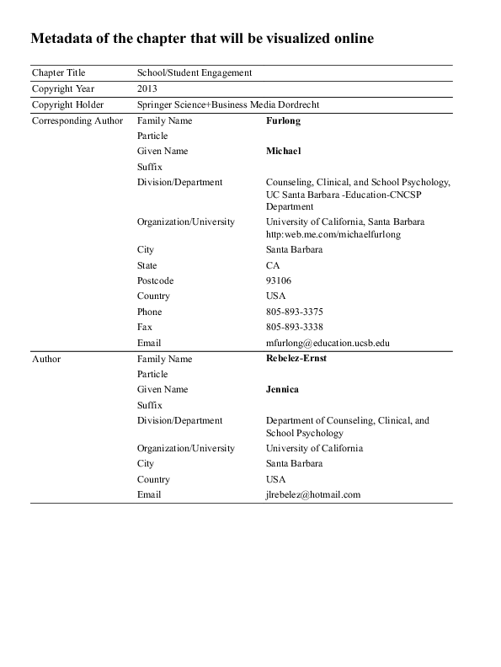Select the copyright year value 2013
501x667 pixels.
(x=147, y=88)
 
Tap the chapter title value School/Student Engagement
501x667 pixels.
(x=195, y=73)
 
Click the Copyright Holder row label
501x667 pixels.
(x=69, y=104)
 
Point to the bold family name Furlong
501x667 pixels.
(x=283, y=120)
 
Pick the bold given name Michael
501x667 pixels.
(x=284, y=151)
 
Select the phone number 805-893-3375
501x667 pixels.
(x=295, y=312)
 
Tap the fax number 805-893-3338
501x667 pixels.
(x=295, y=327)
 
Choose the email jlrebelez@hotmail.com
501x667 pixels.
(x=313, y=494)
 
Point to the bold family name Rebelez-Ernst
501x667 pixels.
(x=296, y=358)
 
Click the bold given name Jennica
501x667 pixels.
(x=283, y=389)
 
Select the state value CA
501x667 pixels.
(x=273, y=265)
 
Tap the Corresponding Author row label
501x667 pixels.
(x=77, y=120)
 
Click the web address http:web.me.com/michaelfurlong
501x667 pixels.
(x=333, y=234)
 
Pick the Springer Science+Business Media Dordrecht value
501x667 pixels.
(x=228, y=104)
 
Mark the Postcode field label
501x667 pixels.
(x=155, y=280)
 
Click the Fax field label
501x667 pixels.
(x=145, y=327)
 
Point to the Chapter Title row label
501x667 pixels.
(x=58, y=73)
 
